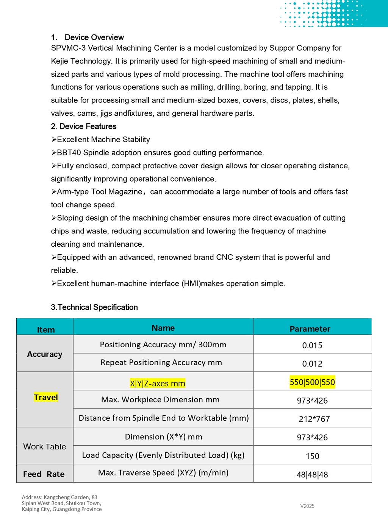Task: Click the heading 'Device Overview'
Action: click(94, 37)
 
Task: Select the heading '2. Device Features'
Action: click(84, 126)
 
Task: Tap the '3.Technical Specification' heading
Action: click(94, 307)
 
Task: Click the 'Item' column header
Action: click(46, 330)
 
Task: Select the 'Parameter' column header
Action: click(310, 329)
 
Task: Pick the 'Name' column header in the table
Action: click(163, 328)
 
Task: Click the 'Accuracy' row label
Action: click(45, 354)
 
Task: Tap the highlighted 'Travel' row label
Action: click(46, 397)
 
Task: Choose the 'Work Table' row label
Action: click(45, 447)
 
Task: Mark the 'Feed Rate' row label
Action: click(44, 474)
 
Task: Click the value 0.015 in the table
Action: click(312, 345)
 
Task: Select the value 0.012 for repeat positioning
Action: click(312, 364)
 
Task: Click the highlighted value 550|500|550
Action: click(312, 382)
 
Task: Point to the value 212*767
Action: click(314, 419)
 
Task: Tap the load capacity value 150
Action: click(313, 456)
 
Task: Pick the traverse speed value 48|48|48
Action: click(312, 475)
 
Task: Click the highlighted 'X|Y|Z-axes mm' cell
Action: click(158, 384)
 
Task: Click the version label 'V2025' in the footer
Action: click(307, 506)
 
